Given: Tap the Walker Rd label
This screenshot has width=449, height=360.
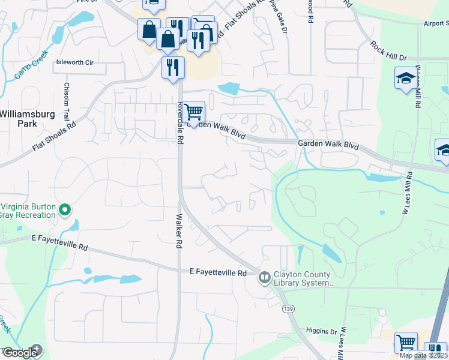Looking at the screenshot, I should [x=178, y=232].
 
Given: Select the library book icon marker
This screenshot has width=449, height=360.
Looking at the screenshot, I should [x=264, y=278].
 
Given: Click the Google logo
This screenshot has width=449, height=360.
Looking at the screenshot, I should [x=20, y=352].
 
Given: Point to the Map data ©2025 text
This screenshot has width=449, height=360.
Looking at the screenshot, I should [x=423, y=355].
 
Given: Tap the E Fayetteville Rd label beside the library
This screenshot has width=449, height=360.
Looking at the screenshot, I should [x=218, y=273].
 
